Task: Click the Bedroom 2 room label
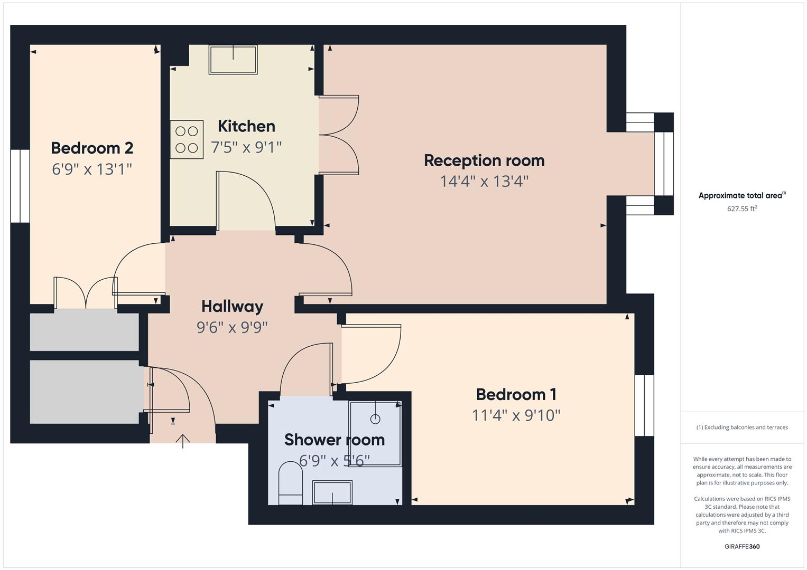(92, 148)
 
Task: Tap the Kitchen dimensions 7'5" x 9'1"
(246, 147)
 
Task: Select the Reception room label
(484, 160)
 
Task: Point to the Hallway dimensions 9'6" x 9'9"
(232, 328)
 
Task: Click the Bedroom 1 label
(516, 394)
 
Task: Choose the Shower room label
(334, 440)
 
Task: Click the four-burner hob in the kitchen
(187, 139)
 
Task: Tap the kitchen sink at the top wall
(233, 59)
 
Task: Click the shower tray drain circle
(375, 419)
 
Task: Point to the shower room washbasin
(332, 492)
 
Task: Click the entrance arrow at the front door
(183, 441)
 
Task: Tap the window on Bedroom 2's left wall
(20, 186)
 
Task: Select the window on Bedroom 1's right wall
(644, 405)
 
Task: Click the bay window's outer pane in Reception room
(664, 164)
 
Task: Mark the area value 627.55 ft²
(742, 208)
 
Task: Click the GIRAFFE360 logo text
(742, 546)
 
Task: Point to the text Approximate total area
(740, 195)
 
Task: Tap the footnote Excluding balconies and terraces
(742, 427)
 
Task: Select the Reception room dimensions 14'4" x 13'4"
(484, 182)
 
